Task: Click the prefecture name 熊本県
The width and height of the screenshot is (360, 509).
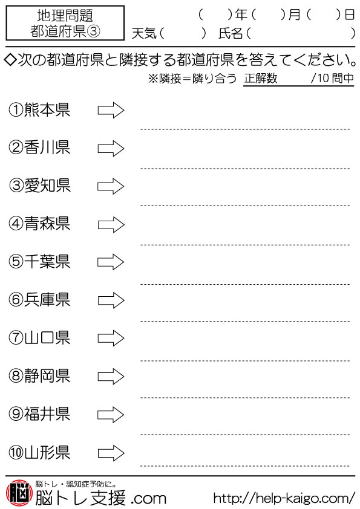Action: coord(47,110)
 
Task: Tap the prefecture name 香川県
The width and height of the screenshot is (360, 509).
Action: coord(47,148)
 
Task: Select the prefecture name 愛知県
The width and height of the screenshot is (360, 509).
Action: coord(47,186)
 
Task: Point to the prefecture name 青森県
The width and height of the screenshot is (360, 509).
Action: coord(47,224)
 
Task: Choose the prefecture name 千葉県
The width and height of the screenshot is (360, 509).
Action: coord(47,262)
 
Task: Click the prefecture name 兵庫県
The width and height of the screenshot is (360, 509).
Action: coord(47,300)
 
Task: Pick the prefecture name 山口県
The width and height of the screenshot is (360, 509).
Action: coord(47,337)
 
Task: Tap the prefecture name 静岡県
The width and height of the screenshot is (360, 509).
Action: coord(47,376)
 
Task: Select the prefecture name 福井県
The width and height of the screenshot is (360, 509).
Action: coord(47,414)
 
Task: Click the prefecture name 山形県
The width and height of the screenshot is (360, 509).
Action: coord(47,452)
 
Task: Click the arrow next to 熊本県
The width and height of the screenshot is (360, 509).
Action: coord(111,110)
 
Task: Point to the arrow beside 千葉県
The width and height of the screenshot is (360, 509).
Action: coord(111,262)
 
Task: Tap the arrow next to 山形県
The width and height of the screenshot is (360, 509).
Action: coord(111,453)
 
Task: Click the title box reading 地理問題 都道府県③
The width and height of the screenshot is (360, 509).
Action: coord(65,23)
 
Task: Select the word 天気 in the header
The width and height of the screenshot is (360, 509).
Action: coord(144,33)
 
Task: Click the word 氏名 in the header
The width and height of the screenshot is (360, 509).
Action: coord(231,33)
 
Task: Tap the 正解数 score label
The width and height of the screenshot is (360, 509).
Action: coord(261,78)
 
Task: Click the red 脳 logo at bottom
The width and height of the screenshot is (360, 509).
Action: coord(19,493)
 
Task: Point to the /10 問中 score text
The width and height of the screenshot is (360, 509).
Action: coord(332,78)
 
